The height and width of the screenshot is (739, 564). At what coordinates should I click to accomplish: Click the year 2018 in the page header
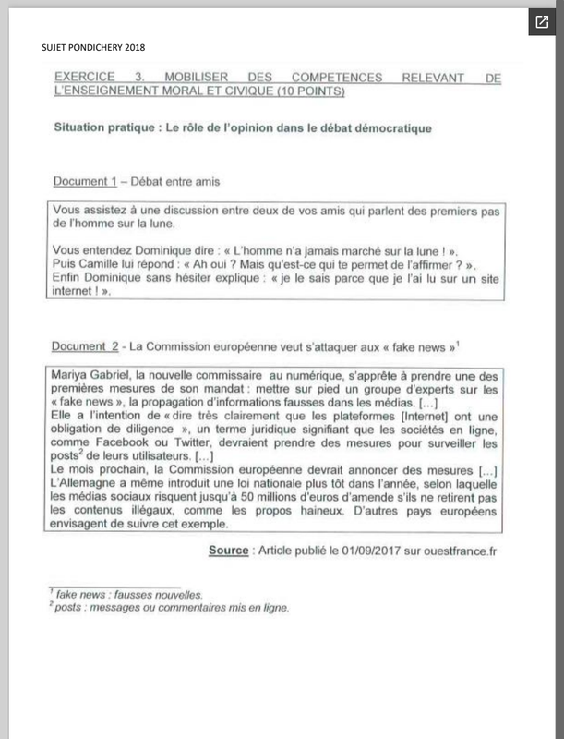point(134,47)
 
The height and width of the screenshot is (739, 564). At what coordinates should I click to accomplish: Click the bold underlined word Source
point(228,551)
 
